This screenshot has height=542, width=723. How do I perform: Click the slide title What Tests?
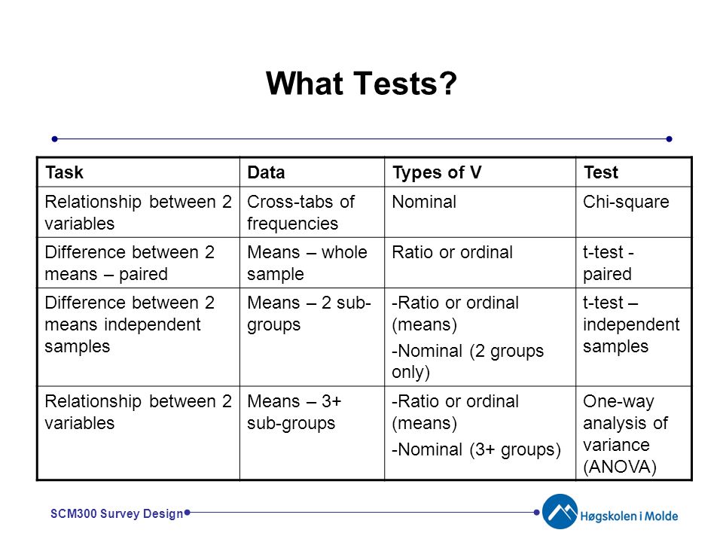[x=361, y=84]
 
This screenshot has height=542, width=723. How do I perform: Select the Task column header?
[x=65, y=172]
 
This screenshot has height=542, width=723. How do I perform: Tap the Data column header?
[x=266, y=172]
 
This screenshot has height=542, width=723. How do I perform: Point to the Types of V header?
[x=437, y=173]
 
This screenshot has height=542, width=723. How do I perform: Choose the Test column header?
[x=601, y=172]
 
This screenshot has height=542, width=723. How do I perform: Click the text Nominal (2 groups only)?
[x=468, y=361]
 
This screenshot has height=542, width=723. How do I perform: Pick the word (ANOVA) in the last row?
[x=620, y=467]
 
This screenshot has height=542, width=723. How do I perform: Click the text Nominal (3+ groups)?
[x=476, y=449]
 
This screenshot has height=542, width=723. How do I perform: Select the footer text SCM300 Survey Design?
[x=117, y=513]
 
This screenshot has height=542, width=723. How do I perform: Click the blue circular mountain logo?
[x=560, y=512]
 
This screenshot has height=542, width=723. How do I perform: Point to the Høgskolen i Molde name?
[x=629, y=516]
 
